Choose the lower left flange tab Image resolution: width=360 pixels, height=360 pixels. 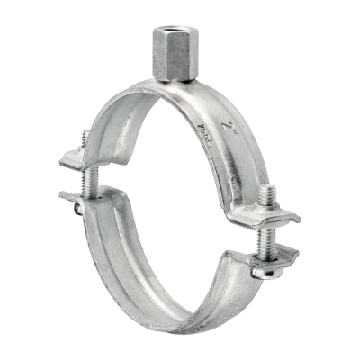pos(76,195)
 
